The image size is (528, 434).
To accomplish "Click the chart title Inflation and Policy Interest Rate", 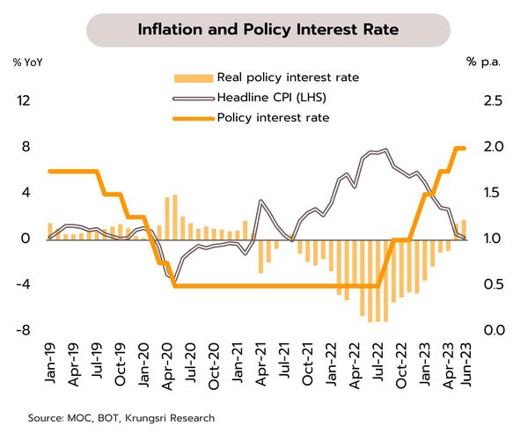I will coord(268,30).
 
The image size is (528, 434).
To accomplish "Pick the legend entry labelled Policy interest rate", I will coord(273,117).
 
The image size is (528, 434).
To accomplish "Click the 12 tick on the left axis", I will coord(24,101).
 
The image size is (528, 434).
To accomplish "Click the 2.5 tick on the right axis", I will coord(494,101).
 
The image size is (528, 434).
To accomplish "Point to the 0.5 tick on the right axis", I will coord(494,284).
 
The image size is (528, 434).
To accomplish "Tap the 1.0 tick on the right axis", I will coord(494,239).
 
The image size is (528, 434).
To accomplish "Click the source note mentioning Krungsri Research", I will coord(121,417).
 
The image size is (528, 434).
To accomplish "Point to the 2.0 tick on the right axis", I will coord(494,147).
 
